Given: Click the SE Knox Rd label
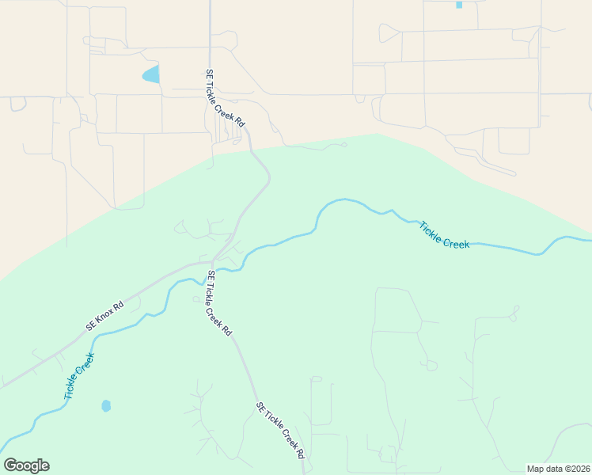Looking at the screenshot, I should (x=104, y=315).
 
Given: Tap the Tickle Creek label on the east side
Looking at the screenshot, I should (x=444, y=234).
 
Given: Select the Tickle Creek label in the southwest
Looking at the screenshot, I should (x=79, y=376).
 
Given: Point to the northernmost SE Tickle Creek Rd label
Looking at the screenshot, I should (x=226, y=99).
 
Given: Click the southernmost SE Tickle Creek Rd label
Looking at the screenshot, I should (x=280, y=431).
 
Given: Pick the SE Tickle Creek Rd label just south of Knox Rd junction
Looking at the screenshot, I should (x=218, y=303).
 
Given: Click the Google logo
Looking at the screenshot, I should (x=26, y=465).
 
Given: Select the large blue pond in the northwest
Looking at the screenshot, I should (x=150, y=75).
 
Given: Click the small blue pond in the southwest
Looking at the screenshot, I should (x=106, y=406).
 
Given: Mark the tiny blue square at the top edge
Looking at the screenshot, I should (x=459, y=5).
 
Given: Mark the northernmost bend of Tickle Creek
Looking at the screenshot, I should (x=339, y=200).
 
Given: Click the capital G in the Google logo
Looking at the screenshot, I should (x=10, y=465).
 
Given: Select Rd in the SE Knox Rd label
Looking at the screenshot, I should (x=120, y=306).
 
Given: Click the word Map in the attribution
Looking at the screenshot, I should (x=536, y=469).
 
